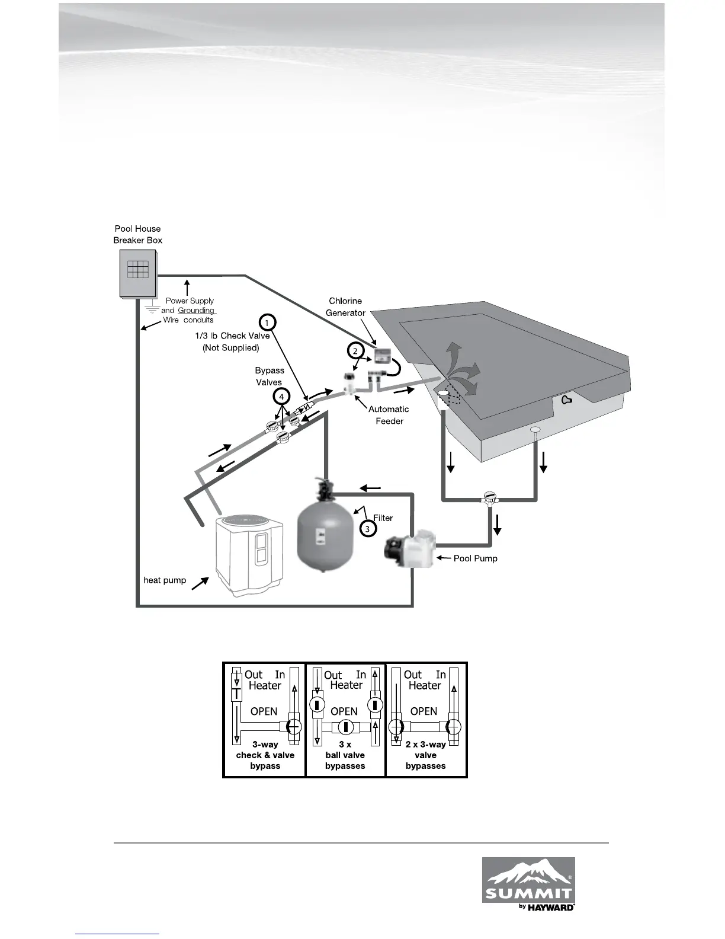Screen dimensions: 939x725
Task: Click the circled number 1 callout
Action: [268, 323]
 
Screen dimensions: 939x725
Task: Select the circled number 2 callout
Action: [355, 351]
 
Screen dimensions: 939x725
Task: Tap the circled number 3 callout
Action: [367, 528]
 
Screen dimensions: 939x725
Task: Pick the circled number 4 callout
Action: [282, 396]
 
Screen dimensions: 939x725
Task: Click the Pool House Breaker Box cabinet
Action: [138, 273]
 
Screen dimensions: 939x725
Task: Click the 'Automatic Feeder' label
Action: [389, 415]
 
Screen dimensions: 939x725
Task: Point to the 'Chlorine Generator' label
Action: [345, 307]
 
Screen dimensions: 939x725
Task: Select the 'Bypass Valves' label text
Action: [270, 376]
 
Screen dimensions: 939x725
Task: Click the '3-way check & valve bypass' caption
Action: [265, 755]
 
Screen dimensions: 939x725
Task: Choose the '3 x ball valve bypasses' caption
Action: [345, 755]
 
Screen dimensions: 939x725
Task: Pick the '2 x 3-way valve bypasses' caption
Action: [425, 755]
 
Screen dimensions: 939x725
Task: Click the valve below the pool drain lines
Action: [490, 498]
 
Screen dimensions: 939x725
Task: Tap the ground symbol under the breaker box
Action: [152, 308]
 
